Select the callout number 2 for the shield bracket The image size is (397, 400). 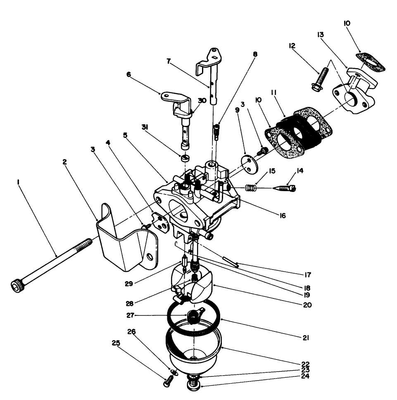click(x=65, y=162)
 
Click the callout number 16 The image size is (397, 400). click(x=282, y=215)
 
